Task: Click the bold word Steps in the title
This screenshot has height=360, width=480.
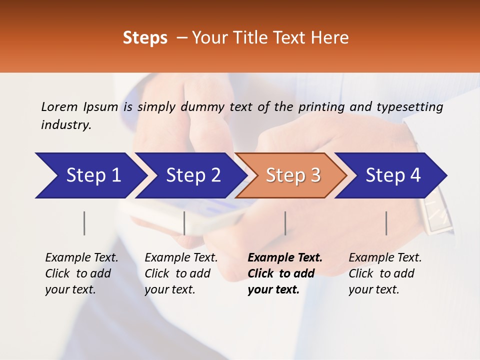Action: tap(145, 38)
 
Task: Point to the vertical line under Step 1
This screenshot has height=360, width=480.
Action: tap(84, 223)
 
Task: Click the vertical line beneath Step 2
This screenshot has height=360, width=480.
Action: tap(184, 223)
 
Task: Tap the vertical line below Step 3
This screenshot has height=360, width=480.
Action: tap(285, 223)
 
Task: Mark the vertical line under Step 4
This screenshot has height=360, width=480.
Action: tap(386, 223)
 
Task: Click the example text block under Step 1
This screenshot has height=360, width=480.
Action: tap(81, 273)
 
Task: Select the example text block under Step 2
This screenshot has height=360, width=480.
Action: tap(181, 273)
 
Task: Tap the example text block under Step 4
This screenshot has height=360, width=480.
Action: tap(385, 273)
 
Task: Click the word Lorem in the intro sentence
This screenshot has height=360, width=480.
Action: tap(59, 106)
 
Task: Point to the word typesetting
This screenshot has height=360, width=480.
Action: tap(409, 107)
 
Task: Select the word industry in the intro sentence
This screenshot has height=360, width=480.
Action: tap(65, 125)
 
